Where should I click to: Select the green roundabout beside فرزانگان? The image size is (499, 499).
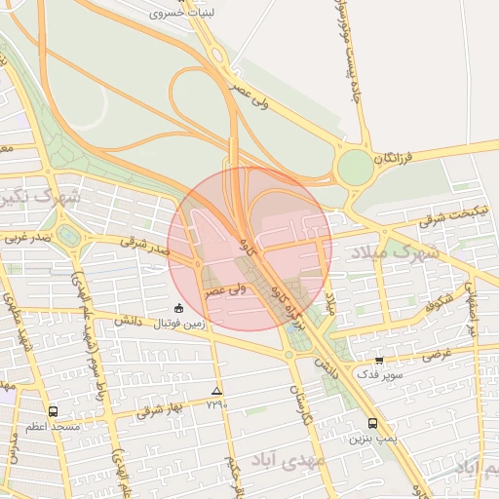point(356,168)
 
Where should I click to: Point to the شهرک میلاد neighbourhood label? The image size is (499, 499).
point(397,252)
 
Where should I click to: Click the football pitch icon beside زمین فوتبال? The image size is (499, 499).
point(177,309)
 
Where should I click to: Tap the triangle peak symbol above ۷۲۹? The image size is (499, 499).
point(216,391)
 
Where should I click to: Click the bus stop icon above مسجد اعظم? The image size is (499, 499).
point(53,411)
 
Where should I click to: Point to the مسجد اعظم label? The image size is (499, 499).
point(54,426)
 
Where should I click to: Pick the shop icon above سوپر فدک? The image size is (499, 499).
point(379,360)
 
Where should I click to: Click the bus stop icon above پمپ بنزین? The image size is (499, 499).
point(373,423)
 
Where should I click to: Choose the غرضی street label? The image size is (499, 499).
point(436,354)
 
